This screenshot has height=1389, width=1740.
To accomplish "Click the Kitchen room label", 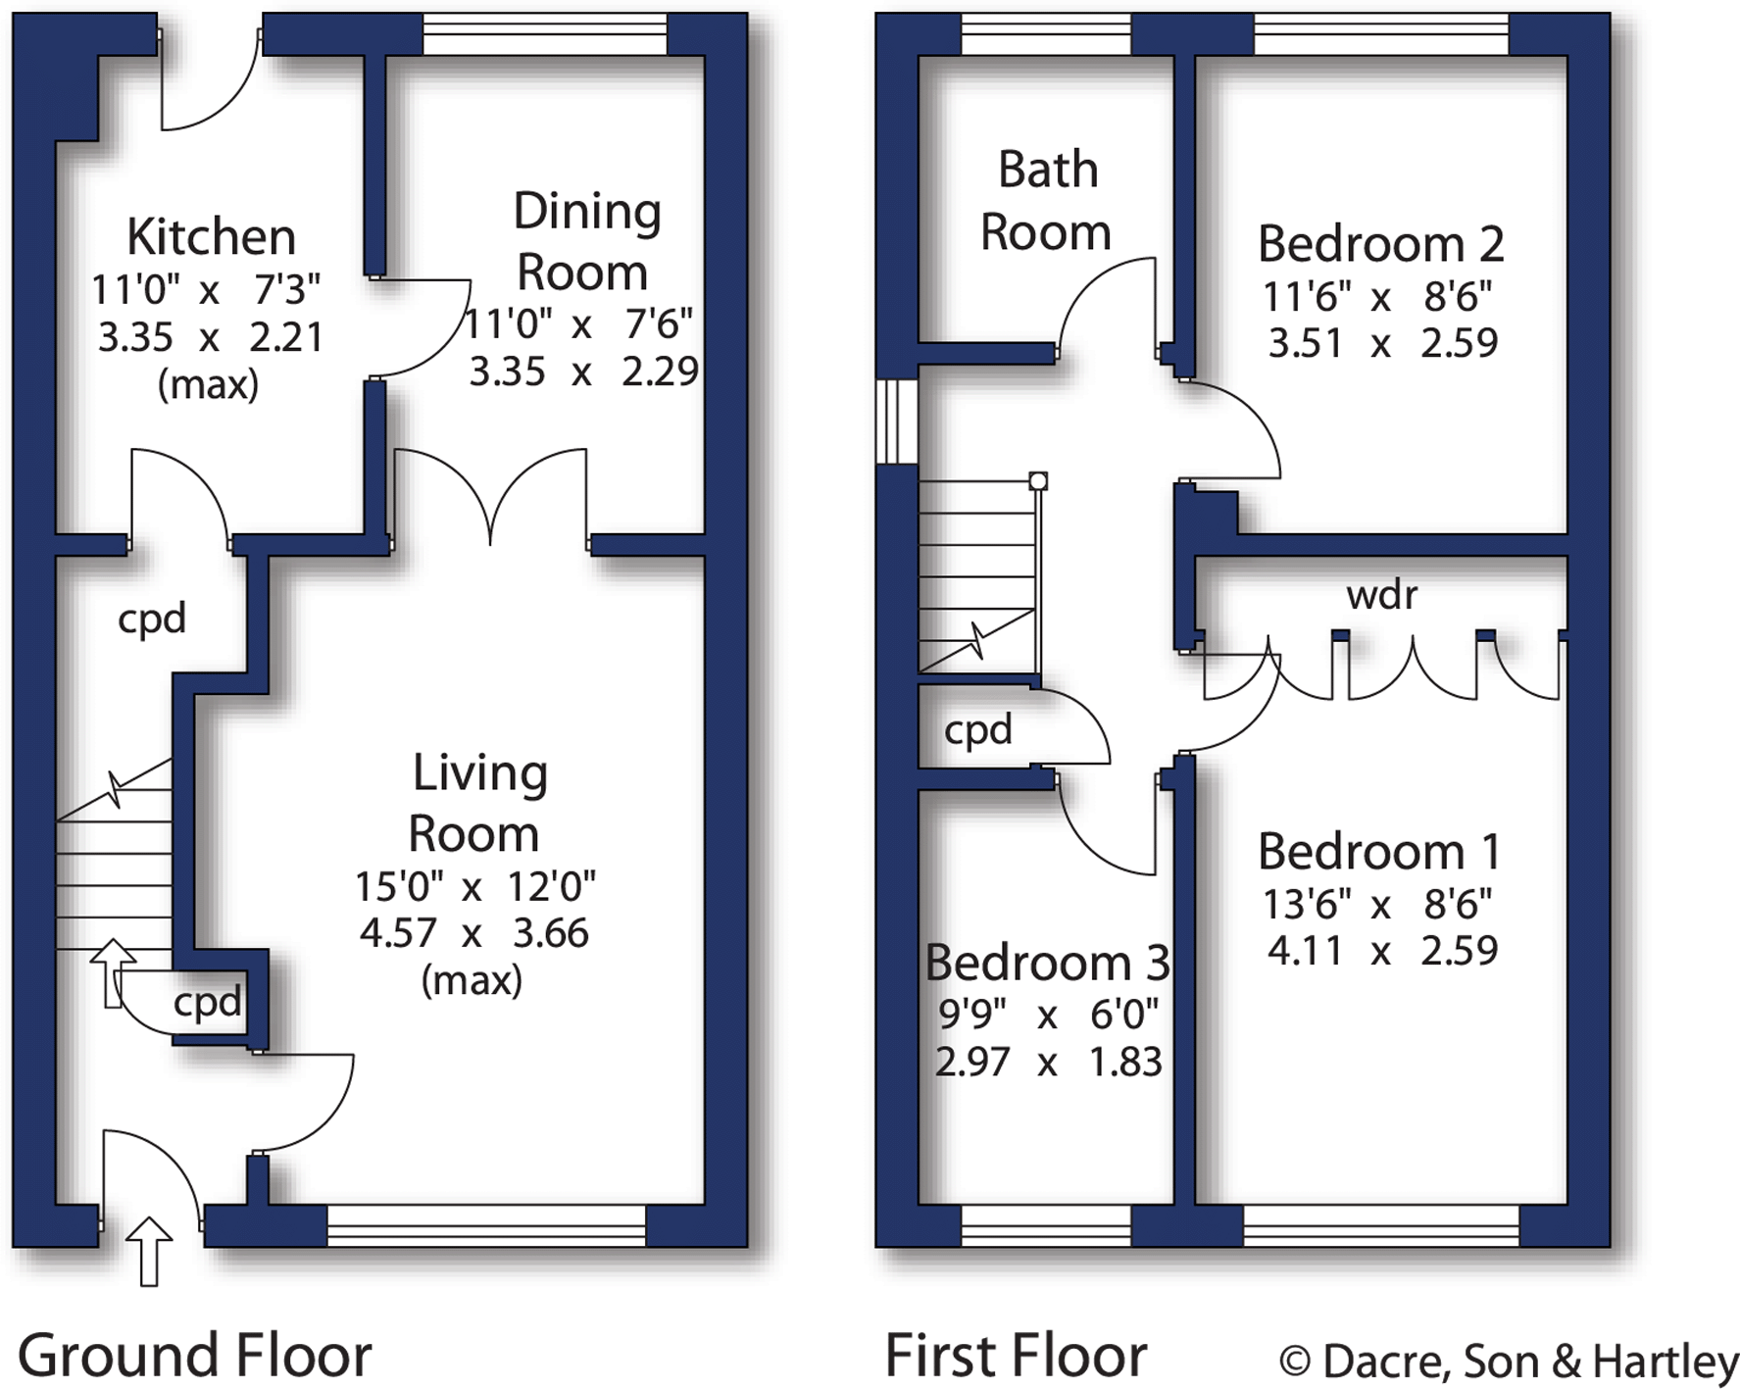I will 211,237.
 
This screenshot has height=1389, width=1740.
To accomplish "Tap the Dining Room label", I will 585,241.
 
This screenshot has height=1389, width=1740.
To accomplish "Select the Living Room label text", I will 476,803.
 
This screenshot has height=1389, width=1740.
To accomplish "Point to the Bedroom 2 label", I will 1380,244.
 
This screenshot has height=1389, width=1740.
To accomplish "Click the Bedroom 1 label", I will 1379,851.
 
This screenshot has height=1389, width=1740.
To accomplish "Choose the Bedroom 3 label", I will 1047,963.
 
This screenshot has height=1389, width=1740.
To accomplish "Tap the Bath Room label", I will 1046,201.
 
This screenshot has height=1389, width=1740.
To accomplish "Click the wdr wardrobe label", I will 1381,594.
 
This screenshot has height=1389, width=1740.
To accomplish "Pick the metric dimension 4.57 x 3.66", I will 474,933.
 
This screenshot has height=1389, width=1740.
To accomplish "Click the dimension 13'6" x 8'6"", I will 1377,904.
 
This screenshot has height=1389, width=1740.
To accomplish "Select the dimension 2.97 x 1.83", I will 1048,1062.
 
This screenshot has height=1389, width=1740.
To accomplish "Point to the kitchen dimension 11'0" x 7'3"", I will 206,290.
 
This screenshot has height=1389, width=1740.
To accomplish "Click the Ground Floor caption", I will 194,1356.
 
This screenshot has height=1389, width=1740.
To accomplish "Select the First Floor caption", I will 1016,1356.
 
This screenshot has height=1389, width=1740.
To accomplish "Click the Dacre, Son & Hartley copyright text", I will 1509,1361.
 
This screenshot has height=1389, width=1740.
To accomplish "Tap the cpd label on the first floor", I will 977,730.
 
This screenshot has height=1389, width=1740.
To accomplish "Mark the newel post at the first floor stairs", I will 1038,480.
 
